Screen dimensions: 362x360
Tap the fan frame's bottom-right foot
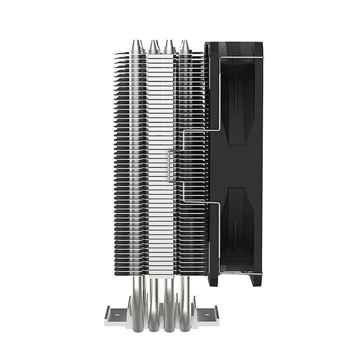pos(255,281)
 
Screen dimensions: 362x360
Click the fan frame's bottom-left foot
pos(213,281)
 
